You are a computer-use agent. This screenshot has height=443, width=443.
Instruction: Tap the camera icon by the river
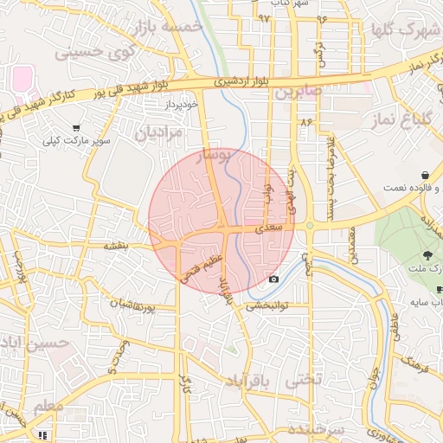coord(274,279)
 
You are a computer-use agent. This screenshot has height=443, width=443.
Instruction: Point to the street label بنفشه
coord(116,246)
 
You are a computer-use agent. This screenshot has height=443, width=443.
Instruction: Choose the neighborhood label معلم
coord(48,406)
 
